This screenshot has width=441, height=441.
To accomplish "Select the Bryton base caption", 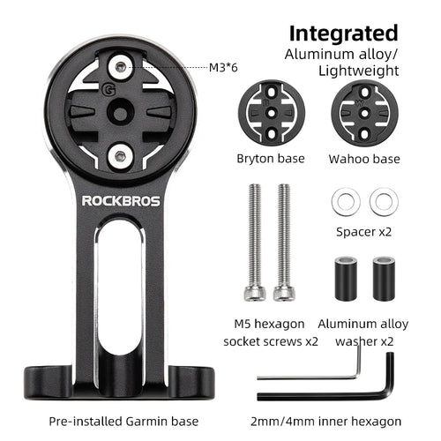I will (271, 159).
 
